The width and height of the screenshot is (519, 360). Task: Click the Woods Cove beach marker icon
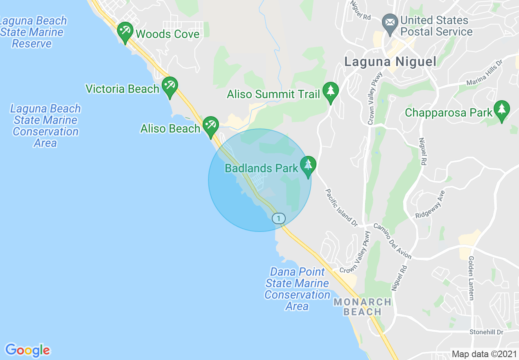tap(125, 31)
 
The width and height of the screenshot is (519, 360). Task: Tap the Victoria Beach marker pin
tap(169, 86)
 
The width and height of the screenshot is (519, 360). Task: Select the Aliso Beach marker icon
tap(211, 125)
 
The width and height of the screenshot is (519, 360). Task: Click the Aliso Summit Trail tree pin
tap(330, 91)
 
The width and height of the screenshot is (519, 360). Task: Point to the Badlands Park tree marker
tap(308, 165)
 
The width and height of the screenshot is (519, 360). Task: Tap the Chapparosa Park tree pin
tap(501, 109)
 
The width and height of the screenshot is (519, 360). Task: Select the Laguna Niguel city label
tap(390, 61)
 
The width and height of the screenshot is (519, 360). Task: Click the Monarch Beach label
tap(362, 307)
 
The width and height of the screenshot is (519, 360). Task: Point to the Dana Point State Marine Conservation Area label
tap(297, 289)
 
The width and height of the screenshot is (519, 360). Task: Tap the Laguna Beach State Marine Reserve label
tap(33, 32)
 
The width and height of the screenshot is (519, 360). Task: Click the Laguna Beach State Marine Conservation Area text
tap(45, 126)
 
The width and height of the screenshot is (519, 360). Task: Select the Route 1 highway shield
tap(279, 218)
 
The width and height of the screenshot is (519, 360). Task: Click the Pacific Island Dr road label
tap(341, 207)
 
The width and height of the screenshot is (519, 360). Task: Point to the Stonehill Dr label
tap(486, 332)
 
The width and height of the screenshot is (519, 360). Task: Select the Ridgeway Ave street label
tap(430, 205)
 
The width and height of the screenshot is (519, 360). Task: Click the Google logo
tap(28, 350)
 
